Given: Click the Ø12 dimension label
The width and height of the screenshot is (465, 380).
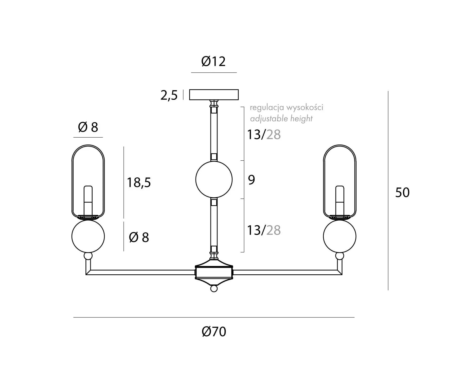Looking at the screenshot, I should click(x=213, y=62).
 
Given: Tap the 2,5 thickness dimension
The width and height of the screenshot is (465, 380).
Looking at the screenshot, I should click(x=169, y=96).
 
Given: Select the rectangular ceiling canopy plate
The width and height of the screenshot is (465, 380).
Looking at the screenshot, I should click(x=214, y=94).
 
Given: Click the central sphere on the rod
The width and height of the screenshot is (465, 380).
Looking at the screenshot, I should click(x=214, y=179).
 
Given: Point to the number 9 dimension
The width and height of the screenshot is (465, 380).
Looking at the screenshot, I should click(x=251, y=180).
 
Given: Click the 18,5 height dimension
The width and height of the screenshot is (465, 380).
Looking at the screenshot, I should click(x=139, y=182).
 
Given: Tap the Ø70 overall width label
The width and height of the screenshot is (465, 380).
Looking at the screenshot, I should click(x=214, y=332).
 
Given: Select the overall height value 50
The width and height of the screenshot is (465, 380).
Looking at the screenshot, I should click(x=402, y=193).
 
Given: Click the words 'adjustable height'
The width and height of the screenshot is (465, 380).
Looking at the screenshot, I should click(x=281, y=119).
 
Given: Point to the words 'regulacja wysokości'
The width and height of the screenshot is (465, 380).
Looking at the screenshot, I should click(x=287, y=107).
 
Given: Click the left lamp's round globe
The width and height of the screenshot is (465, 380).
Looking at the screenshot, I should click(x=88, y=236).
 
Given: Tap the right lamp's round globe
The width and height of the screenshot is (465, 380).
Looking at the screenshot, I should click(x=339, y=236).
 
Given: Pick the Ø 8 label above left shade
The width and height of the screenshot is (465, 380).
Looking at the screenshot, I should click(x=88, y=127).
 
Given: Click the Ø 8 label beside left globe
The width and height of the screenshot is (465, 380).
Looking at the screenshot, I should click(x=139, y=237).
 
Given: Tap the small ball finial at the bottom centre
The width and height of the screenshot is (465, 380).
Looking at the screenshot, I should click(x=214, y=289).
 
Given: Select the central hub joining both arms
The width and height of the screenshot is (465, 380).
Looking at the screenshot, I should click(x=214, y=272).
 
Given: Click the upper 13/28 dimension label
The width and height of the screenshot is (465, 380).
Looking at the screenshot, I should click(x=264, y=135).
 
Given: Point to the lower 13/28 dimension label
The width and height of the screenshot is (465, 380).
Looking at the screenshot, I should click(x=264, y=230).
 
